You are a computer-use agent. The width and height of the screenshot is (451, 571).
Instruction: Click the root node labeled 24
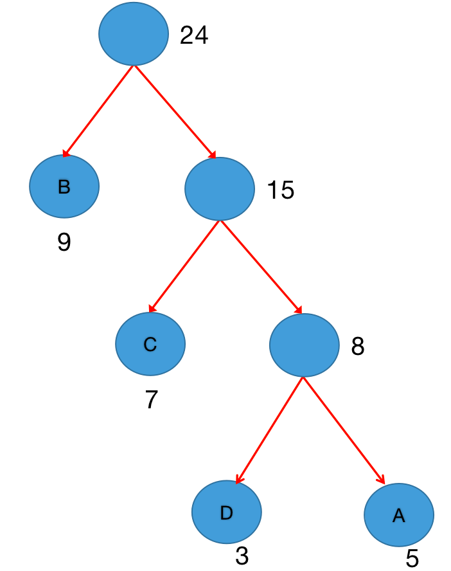[134, 33]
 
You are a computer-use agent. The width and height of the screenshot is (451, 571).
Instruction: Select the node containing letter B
[64, 186]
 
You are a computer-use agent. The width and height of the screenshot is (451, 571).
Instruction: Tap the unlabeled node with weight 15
[220, 188]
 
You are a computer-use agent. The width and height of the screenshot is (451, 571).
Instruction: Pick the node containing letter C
[150, 344]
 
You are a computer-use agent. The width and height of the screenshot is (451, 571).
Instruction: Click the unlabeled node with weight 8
[304, 345]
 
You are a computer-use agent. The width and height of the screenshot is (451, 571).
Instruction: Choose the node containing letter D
[226, 512]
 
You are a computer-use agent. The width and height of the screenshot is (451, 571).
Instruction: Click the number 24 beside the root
[194, 35]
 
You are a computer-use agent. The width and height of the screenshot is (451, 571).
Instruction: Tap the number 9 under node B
[64, 242]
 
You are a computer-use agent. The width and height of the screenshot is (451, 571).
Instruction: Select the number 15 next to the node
[280, 190]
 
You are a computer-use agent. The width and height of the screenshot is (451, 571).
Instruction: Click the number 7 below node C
[152, 400]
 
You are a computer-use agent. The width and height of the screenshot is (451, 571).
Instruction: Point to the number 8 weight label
[358, 347]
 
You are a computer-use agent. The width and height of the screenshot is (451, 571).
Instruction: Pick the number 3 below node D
[242, 556]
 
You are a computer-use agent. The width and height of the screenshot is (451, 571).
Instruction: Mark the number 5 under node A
[412, 558]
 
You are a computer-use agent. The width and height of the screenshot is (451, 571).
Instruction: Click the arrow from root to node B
[98, 111]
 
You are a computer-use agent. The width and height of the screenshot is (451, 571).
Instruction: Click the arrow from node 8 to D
[269, 430]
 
